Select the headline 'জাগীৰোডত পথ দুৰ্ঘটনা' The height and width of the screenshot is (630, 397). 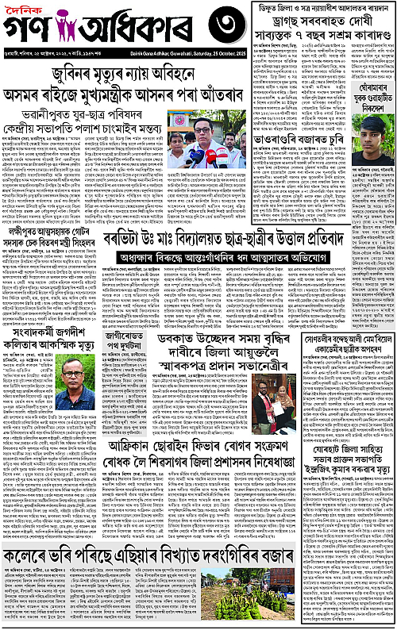(132, 322)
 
